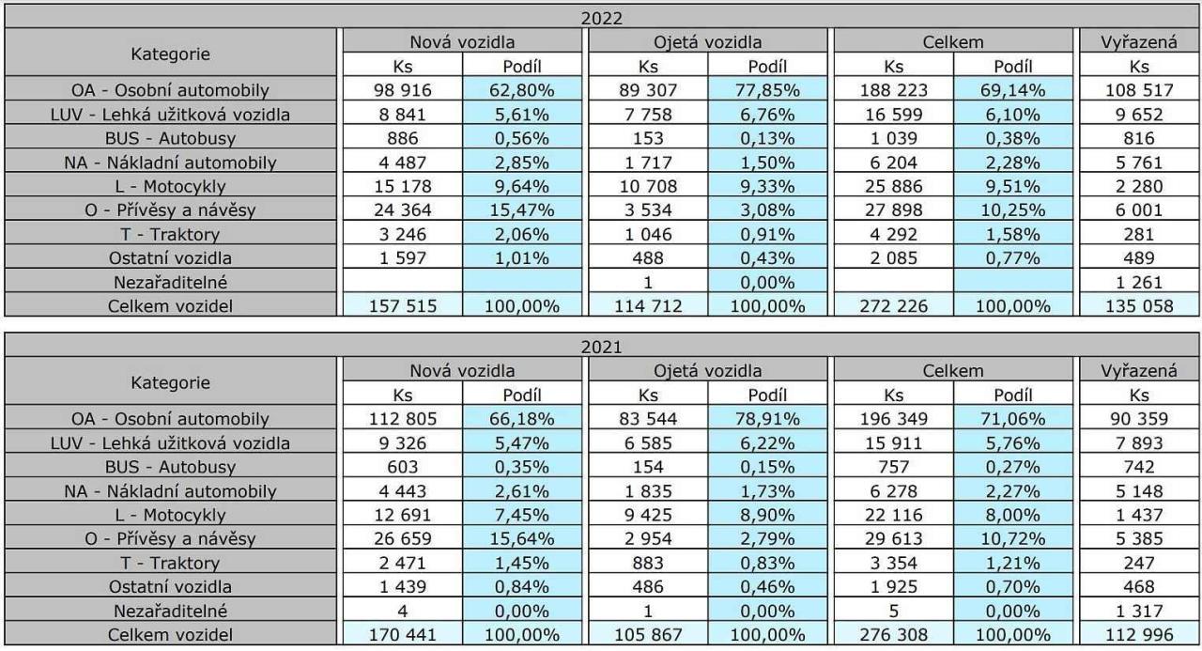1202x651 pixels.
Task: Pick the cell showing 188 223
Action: pyautogui.click(x=894, y=91)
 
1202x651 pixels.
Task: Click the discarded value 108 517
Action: pyautogui.click(x=1139, y=91)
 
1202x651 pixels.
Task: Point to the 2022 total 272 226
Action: pyautogui.click(x=894, y=304)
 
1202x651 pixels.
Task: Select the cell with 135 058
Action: pyautogui.click(x=1139, y=304)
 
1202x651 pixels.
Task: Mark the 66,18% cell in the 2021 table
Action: pyautogui.click(x=524, y=418)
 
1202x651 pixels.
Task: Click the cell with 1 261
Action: pyautogui.click(x=1139, y=281)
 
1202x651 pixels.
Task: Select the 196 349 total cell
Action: pyautogui.click(x=894, y=418)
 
